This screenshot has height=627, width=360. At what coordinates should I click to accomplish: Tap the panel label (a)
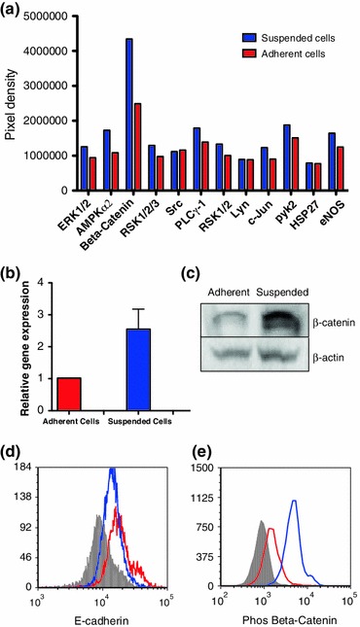click(13, 8)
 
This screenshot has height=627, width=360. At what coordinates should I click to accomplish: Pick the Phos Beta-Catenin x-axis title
click(278, 617)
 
